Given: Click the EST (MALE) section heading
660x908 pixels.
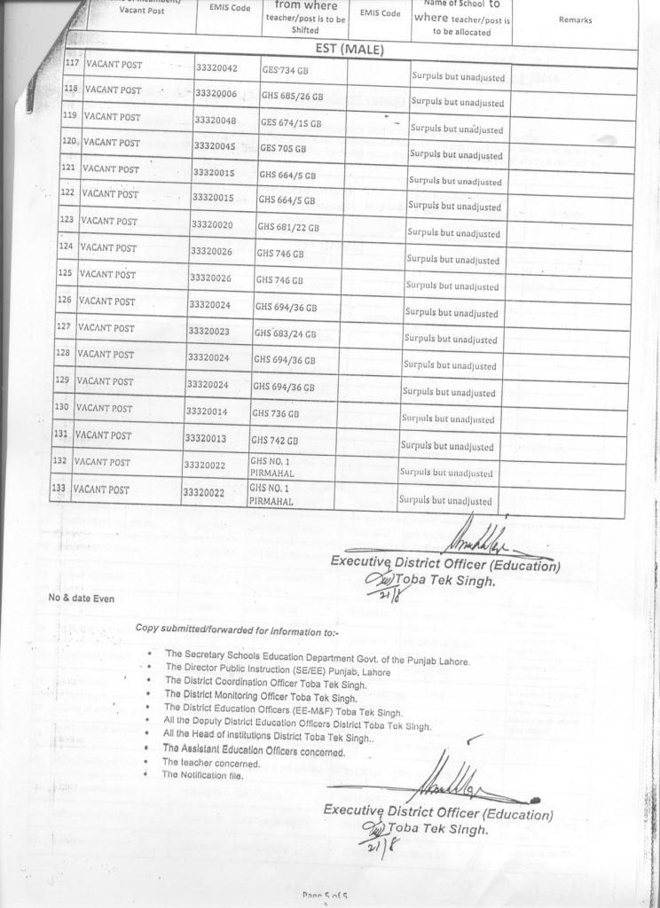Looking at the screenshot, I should (350, 50).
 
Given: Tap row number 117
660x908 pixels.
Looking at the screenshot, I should (74, 65).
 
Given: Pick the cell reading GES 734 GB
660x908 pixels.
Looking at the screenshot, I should (284, 70).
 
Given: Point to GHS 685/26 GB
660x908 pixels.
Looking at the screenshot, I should (291, 95).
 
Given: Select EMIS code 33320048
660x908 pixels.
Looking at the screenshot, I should (215, 120).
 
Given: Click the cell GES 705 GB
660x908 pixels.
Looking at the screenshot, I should (283, 148).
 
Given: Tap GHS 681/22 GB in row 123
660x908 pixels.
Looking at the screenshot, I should (287, 227).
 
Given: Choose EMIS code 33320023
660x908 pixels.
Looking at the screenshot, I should (208, 332).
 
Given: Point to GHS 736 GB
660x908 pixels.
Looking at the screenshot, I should (275, 413).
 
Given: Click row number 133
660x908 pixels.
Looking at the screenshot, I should (59, 489).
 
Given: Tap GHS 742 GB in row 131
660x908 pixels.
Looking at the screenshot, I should (274, 441).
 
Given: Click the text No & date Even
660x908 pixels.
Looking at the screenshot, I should (81, 599).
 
